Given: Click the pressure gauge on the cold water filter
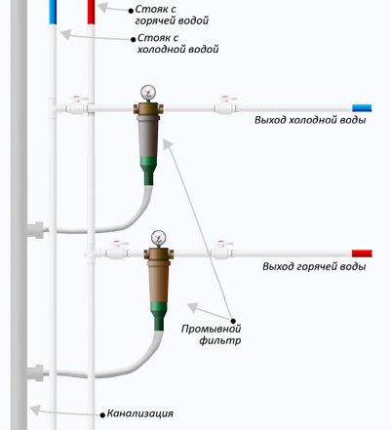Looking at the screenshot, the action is pyautogui.click(x=148, y=93).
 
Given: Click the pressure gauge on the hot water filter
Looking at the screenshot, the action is pyautogui.click(x=159, y=238).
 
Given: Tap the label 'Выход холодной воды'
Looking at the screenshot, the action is pyautogui.click(x=310, y=120).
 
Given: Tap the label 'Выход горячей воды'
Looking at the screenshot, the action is pyautogui.click(x=314, y=267).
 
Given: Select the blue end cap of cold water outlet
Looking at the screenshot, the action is pyautogui.click(x=362, y=108).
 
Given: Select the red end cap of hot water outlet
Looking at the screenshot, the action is pyautogui.click(x=362, y=254).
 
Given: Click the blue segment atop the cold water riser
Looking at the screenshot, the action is pyautogui.click(x=53, y=12).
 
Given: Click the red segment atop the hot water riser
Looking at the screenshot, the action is pyautogui.click(x=91, y=12).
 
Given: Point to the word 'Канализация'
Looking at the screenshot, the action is pyautogui.click(x=140, y=413).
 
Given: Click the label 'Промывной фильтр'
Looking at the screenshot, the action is pyautogui.click(x=212, y=334).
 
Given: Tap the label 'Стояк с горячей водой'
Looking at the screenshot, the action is pyautogui.click(x=172, y=15).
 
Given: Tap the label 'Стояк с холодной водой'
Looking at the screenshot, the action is pyautogui.click(x=177, y=44).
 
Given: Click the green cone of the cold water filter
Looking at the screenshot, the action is pyautogui.click(x=148, y=171).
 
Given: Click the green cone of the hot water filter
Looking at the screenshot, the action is pyautogui.click(x=159, y=316).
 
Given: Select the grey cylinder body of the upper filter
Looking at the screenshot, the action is pyautogui.click(x=148, y=137).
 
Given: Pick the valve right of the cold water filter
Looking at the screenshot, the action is pyautogui.click(x=225, y=105).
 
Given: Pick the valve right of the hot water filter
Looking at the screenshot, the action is pyautogui.click(x=222, y=251).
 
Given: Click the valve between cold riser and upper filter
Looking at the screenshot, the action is pyautogui.click(x=77, y=105).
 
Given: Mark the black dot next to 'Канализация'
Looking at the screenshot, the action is pyautogui.click(x=102, y=415).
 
